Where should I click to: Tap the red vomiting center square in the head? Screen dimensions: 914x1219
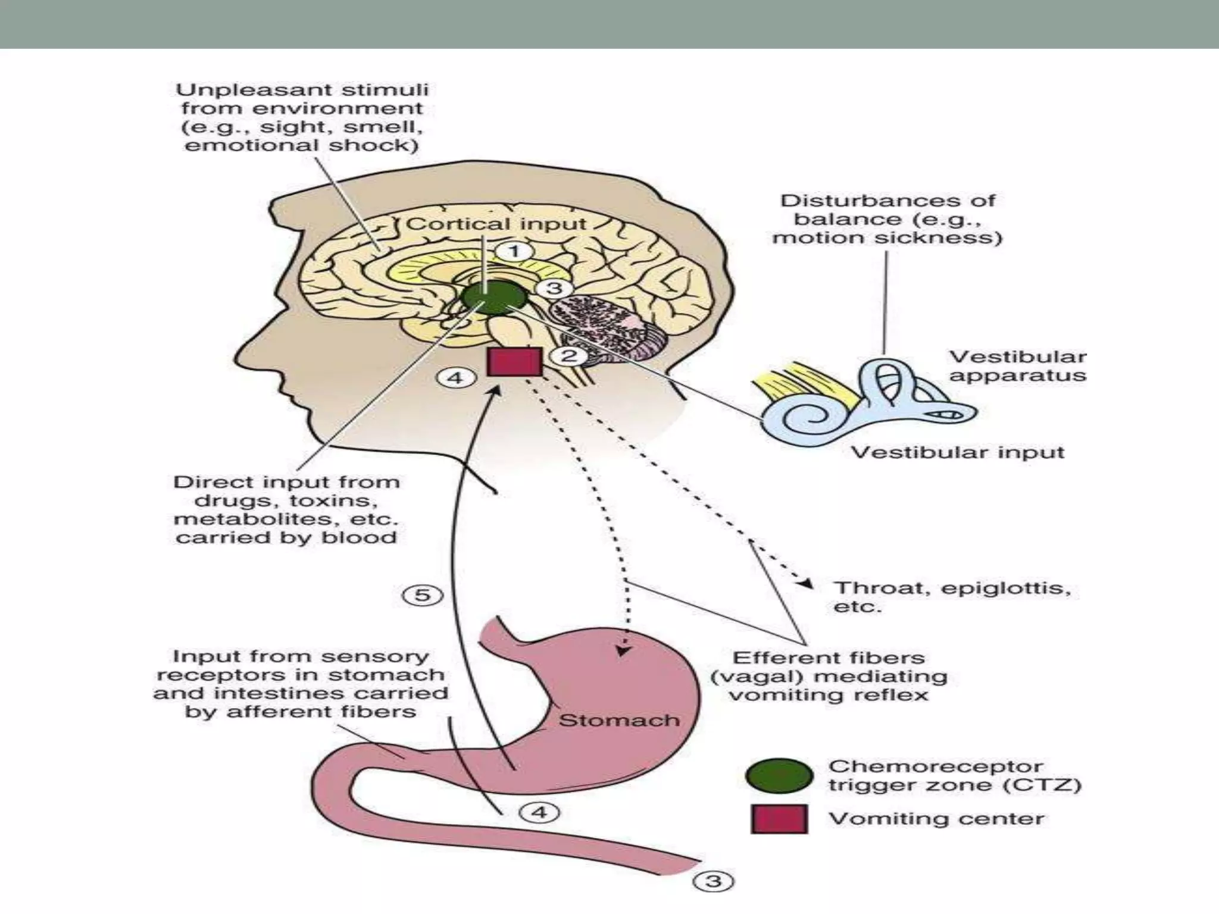point(514,362)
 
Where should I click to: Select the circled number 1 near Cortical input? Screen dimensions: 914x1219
point(514,252)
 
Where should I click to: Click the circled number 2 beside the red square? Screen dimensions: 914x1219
point(569,356)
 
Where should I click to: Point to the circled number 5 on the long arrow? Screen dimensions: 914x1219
point(422,595)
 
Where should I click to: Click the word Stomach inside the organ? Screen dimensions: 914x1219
point(618,721)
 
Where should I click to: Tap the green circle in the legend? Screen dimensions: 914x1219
point(779,776)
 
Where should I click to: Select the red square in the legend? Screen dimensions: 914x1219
point(779,819)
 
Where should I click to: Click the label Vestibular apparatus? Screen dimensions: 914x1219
point(1017,366)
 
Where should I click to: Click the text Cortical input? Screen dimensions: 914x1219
point(496,224)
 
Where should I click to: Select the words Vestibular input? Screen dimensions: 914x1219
point(957,452)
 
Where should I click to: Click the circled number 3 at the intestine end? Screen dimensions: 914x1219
point(713,881)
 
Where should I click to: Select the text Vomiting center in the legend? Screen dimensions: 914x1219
point(936,819)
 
